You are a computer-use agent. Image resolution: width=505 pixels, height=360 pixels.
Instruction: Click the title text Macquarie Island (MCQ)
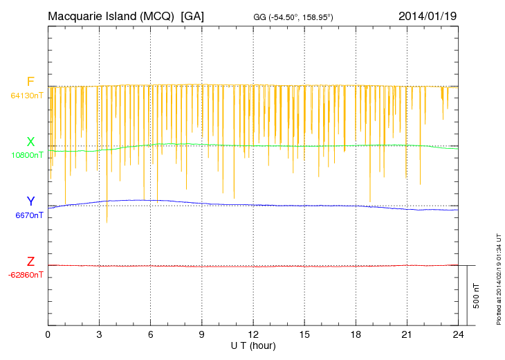tap(111, 16)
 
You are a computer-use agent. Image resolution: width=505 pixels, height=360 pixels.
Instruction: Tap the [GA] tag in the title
tap(192, 16)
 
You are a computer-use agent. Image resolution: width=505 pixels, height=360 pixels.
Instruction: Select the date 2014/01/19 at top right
tap(427, 16)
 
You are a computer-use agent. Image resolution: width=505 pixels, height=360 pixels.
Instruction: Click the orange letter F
tap(30, 82)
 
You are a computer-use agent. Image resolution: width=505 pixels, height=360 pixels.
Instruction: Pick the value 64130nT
tap(26, 95)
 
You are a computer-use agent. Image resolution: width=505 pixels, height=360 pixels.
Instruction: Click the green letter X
tap(30, 142)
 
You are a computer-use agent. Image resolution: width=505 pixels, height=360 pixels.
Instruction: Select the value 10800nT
tap(26, 155)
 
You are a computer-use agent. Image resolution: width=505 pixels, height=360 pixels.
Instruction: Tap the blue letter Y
tap(30, 201)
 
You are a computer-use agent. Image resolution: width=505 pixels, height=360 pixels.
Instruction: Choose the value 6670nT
tap(28, 215)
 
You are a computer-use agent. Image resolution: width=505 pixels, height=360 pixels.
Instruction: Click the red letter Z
tap(30, 262)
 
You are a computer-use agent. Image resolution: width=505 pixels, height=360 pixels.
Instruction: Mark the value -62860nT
tap(26, 275)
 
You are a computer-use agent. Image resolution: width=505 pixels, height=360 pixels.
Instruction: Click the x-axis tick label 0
tap(48, 334)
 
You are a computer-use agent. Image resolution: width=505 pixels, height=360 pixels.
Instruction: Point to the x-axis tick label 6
tap(151, 334)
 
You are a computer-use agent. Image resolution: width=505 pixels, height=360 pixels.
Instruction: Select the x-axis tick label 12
tap(253, 334)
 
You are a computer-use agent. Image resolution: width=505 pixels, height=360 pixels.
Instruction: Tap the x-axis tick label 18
tap(356, 334)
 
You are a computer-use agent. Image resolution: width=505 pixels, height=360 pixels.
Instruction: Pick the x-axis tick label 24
tap(458, 334)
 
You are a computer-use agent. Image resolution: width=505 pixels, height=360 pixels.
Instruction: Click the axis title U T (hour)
tap(253, 345)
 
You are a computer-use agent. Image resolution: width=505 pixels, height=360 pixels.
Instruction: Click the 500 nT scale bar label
tap(476, 295)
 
